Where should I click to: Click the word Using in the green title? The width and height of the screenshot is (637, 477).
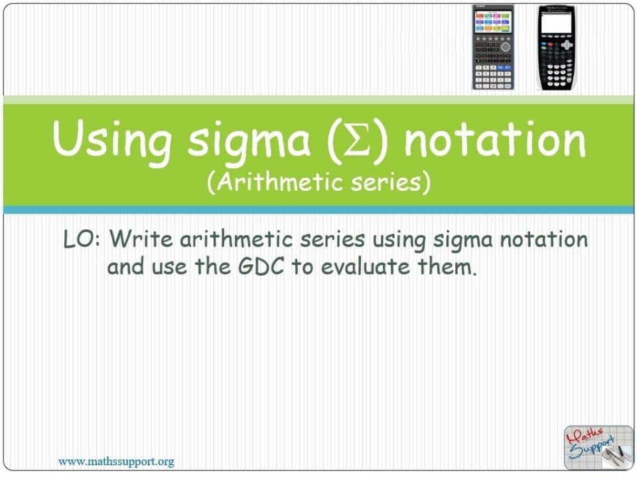coord(113,140)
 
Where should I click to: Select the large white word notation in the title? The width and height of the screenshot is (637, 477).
coord(494,140)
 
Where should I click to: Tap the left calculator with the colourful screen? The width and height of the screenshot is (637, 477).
coord(492,47)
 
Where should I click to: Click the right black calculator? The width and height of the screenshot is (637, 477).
coord(556,47)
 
